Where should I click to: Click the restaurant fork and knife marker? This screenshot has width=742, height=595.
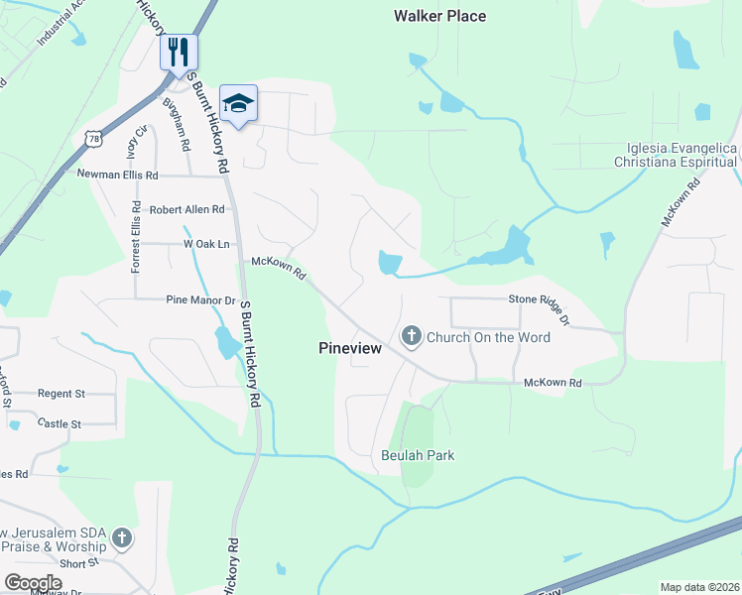click(179, 52)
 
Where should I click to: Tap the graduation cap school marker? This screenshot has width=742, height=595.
click(237, 102)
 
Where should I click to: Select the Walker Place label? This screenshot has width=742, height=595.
click(439, 16)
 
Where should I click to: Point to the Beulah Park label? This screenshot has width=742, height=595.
click(418, 455)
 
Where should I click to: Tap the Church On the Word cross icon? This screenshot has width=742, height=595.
click(412, 337)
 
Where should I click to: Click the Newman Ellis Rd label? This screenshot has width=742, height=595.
click(117, 175)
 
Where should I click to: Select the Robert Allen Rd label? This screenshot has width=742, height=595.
click(186, 209)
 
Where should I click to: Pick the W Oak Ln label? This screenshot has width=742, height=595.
click(206, 244)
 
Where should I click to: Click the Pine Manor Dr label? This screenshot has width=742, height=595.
click(199, 298)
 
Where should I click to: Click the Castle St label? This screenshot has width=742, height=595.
click(59, 423)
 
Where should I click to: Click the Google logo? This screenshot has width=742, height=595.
click(34, 582)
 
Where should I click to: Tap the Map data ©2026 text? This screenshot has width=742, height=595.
click(698, 587)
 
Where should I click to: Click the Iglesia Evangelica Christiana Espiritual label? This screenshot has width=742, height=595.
click(675, 154)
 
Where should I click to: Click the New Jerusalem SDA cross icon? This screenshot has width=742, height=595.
click(122, 538)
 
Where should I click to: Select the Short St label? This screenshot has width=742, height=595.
click(78, 562)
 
